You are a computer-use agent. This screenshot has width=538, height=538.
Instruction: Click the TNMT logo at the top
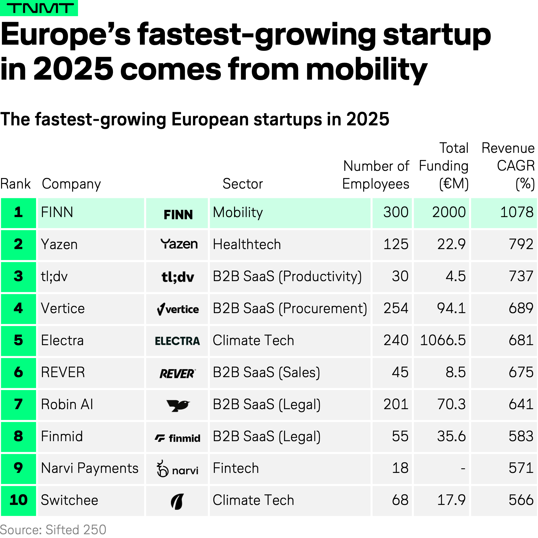[39, 8]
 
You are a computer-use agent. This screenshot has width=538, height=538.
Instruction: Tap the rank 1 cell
[18, 213]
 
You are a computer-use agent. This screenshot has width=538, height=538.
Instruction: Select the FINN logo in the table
[178, 215]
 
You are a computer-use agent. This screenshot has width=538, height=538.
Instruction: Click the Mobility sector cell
[238, 213]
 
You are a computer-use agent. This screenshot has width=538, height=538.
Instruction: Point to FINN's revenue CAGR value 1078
[516, 213]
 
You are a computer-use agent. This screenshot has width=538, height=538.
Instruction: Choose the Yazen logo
[179, 244]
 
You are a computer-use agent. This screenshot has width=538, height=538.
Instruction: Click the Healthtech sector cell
[247, 245]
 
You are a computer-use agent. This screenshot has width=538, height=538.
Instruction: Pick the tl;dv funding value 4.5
[455, 277]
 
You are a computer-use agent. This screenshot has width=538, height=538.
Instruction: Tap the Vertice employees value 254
[396, 309]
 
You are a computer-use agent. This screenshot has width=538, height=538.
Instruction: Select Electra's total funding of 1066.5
[443, 341]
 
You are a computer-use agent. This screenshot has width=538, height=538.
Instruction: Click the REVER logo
[178, 373]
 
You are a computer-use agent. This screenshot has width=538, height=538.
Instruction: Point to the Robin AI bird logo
[178, 405]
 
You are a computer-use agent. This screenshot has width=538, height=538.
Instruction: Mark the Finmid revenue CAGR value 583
[521, 437]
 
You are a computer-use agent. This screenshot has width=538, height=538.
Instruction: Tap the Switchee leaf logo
[177, 501]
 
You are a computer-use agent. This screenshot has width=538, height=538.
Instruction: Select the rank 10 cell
[18, 500]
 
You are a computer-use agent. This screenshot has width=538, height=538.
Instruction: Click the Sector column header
[243, 184]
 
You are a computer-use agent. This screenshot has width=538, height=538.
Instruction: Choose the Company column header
[71, 184]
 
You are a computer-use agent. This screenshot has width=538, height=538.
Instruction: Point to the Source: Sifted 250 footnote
[53, 530]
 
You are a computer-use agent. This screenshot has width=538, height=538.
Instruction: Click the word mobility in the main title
[366, 70]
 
